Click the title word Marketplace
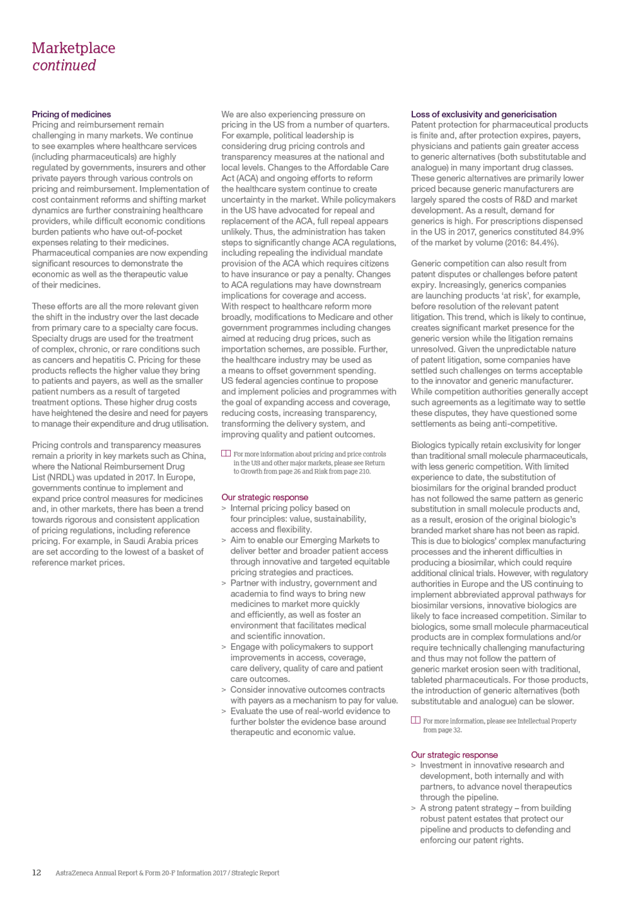(x=73, y=48)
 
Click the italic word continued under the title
(x=64, y=66)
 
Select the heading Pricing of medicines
(x=71, y=114)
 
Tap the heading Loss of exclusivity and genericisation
(x=483, y=114)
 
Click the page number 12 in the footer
(x=37, y=873)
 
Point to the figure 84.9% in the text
(x=571, y=231)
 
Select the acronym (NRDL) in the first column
(x=59, y=477)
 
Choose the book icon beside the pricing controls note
(x=226, y=454)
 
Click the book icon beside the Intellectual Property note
(x=415, y=720)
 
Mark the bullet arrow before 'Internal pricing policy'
(x=224, y=508)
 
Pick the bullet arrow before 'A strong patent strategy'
(x=413, y=808)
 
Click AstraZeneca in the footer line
(x=74, y=873)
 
